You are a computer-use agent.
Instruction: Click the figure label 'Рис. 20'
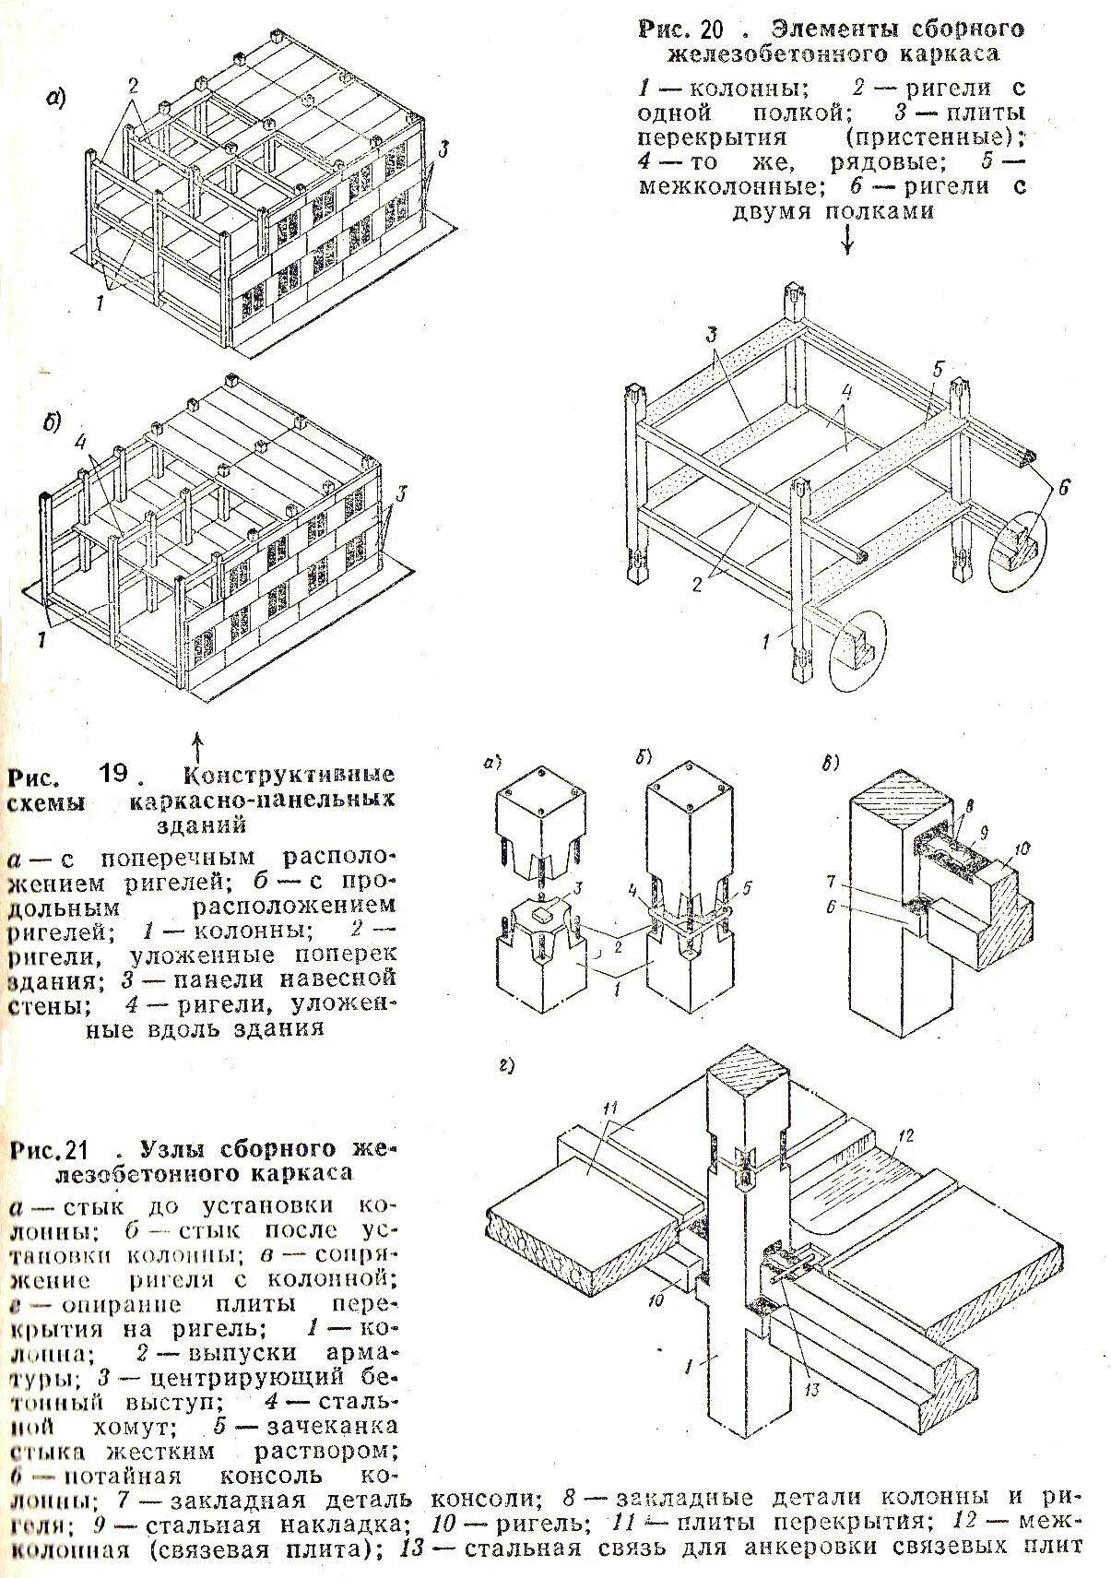(683, 29)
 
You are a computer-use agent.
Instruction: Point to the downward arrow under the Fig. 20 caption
(847, 240)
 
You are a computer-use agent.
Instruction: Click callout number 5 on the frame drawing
(938, 370)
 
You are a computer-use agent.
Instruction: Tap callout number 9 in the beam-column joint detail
(984, 832)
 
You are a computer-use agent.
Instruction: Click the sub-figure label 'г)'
(505, 1066)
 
